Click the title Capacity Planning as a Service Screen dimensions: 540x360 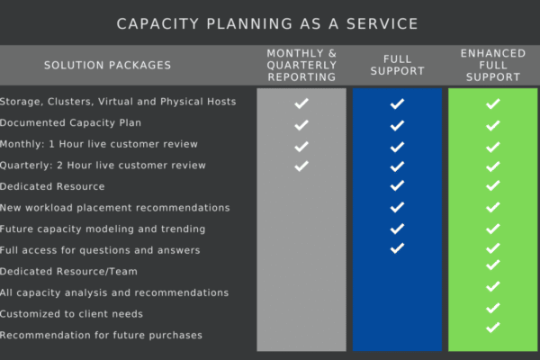pos(267,23)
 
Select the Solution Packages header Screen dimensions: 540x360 pos(107,65)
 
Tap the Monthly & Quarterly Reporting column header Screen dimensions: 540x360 pos(301,65)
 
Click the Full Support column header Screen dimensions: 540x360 pos(398,65)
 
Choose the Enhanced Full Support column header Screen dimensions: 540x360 pos(493,65)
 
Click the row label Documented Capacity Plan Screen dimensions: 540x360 pos(70,123)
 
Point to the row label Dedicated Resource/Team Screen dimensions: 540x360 pos(68,272)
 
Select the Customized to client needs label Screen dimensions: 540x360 pos(71,314)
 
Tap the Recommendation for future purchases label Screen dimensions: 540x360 pos(101,335)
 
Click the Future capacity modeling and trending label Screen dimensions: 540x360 pos(103,229)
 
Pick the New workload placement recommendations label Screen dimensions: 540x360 pos(114,208)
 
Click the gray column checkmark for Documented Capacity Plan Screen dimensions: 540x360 pos(301,125)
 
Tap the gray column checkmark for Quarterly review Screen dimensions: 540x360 pos(301,166)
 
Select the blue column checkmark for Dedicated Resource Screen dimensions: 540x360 pos(397,185)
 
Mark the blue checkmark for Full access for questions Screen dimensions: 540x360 pos(397,248)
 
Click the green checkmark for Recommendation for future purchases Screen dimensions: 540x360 pos(493,328)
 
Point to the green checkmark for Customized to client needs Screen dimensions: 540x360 pos(493,308)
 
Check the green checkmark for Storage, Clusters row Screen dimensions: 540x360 pos(493,103)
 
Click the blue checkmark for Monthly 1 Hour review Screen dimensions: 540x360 pos(397,147)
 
